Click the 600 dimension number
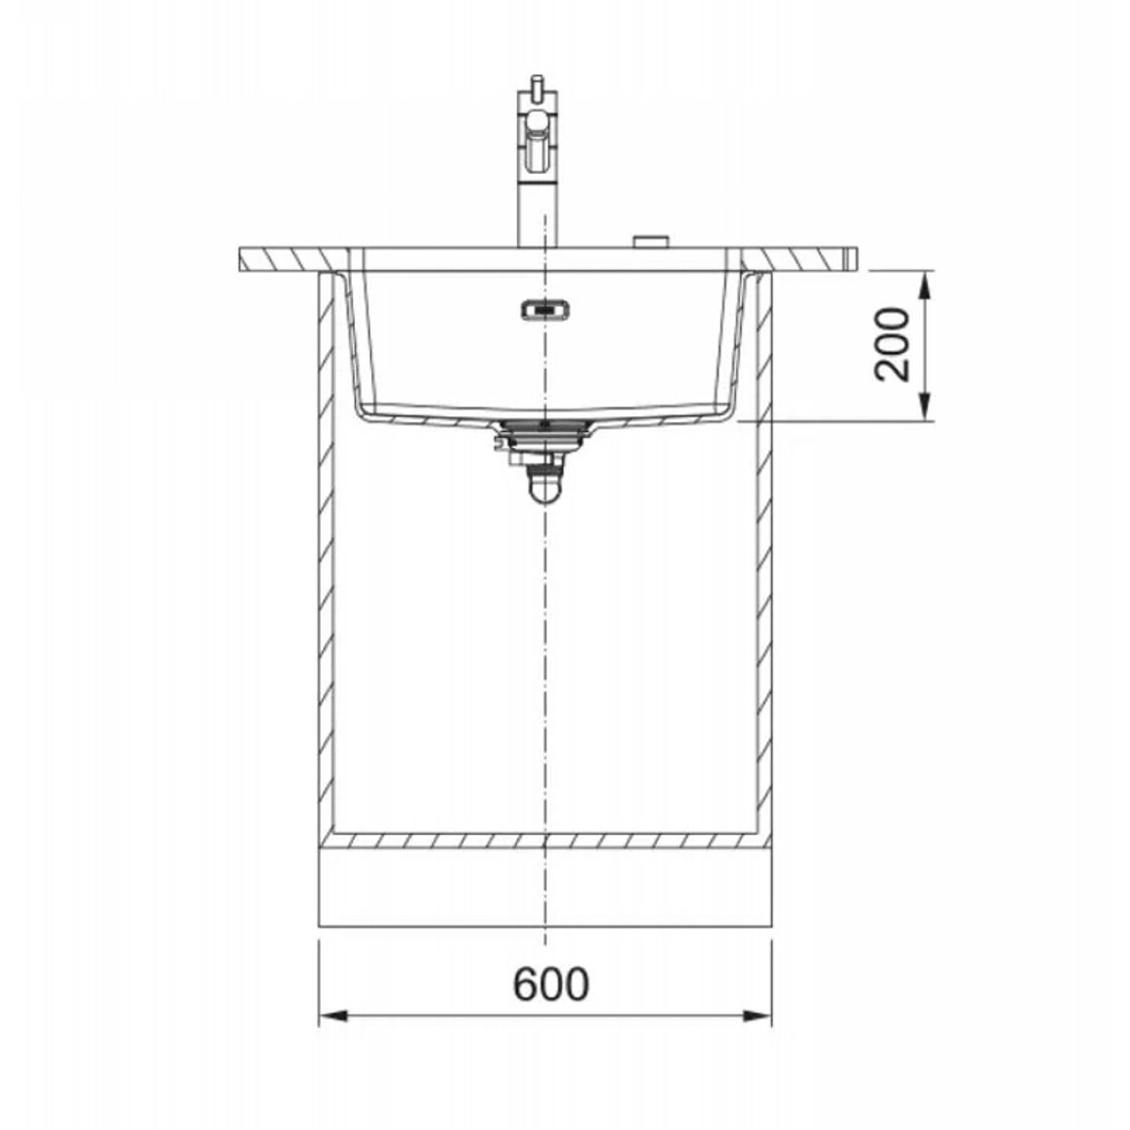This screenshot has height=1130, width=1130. coord(551,983)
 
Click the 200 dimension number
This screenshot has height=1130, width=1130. coord(891,344)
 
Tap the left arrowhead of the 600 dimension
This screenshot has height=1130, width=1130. coord(333,1017)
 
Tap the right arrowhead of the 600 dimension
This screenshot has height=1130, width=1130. coord(757,1017)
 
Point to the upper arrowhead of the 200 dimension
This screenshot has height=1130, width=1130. coord(928,285)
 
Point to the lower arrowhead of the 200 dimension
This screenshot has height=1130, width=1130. coord(928,407)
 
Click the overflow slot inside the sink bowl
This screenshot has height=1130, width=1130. coord(545,309)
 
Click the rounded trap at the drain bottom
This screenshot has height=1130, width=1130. coord(544,487)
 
